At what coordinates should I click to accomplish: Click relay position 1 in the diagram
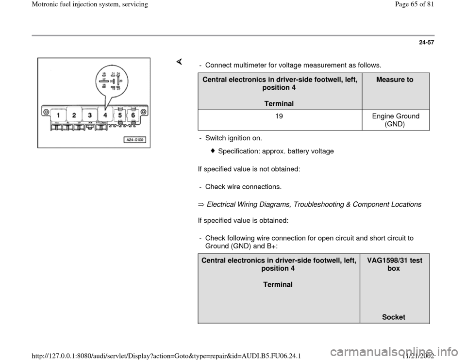[58, 115]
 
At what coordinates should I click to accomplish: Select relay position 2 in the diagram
[74, 115]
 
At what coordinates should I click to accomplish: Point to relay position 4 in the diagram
[105, 115]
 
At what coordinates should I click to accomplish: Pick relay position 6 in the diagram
[132, 116]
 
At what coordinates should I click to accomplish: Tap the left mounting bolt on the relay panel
[46, 113]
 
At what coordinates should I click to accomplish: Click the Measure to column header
[395, 80]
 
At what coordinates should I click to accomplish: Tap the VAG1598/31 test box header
[394, 264]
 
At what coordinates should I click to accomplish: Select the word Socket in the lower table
[394, 317]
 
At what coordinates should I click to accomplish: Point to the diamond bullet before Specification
[214, 151]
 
